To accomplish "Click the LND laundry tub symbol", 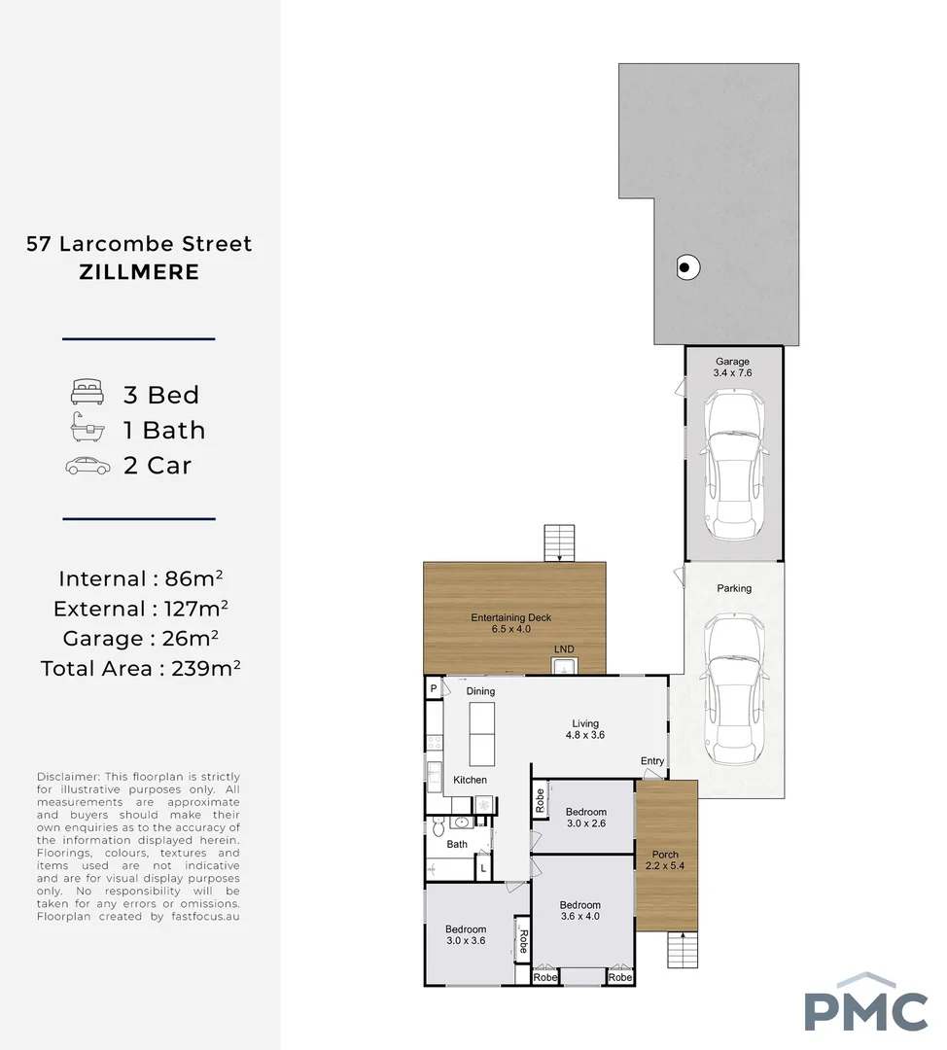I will click(564, 666).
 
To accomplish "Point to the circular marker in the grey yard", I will click(686, 267).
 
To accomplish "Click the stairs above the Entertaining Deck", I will click(560, 542).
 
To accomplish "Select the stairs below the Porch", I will click(683, 949).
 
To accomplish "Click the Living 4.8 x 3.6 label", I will click(586, 729).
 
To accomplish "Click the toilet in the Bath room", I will click(438, 827).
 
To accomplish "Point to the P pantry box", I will click(433, 688).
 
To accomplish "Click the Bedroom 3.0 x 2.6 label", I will click(586, 818).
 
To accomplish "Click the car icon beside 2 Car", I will click(88, 466).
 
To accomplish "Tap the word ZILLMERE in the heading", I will click(139, 272).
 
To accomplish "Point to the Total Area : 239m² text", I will click(140, 669).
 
